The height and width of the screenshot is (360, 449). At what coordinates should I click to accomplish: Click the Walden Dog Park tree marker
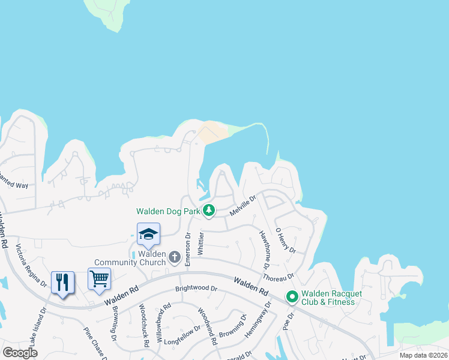tap(209, 211)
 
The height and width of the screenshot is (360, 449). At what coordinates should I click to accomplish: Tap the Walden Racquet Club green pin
tap(292, 297)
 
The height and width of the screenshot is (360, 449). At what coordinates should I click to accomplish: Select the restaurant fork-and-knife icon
tap(63, 282)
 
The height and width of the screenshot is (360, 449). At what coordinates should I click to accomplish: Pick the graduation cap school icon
tap(148, 234)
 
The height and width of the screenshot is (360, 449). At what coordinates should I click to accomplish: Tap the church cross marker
tap(175, 257)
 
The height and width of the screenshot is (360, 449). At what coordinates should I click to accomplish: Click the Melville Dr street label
tap(243, 205)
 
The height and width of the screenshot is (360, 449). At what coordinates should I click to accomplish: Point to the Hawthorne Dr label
tap(264, 249)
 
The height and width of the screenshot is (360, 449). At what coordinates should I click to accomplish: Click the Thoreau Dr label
tap(278, 277)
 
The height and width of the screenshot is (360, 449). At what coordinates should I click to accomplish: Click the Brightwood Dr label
tap(196, 288)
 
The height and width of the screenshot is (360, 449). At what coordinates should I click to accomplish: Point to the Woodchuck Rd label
tap(143, 326)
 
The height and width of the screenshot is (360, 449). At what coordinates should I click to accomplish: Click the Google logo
tap(20, 352)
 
